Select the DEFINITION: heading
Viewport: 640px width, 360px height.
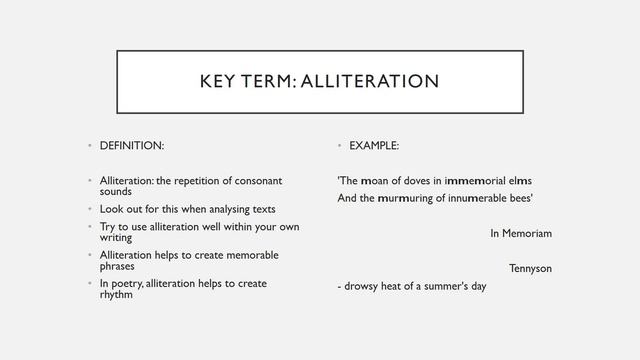click(x=132, y=146)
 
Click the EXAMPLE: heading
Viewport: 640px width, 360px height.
click(x=374, y=146)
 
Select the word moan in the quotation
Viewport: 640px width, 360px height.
click(x=376, y=181)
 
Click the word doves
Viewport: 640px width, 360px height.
click(x=423, y=181)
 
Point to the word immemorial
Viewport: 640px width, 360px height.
click(x=480, y=181)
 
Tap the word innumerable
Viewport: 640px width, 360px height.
click(x=474, y=198)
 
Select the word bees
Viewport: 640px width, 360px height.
click(x=520, y=198)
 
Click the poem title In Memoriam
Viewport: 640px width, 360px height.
click(x=521, y=233)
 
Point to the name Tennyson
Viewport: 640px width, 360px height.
click(x=530, y=268)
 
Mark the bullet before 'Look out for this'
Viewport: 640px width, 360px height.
click(x=88, y=209)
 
